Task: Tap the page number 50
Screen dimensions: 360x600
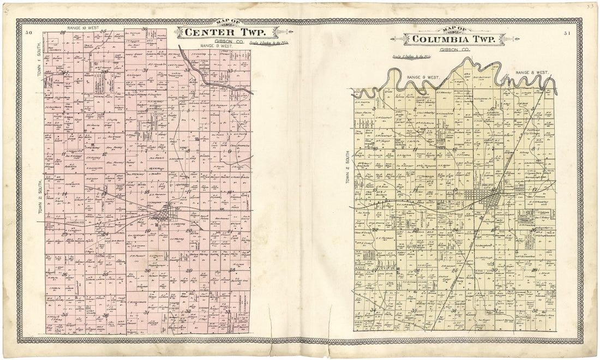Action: click(28, 34)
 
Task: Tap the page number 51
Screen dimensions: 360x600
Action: click(568, 34)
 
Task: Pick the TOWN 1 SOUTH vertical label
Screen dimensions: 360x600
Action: click(39, 74)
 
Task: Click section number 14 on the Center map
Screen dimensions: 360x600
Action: click(64, 193)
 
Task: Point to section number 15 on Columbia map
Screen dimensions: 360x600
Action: click(416, 189)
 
